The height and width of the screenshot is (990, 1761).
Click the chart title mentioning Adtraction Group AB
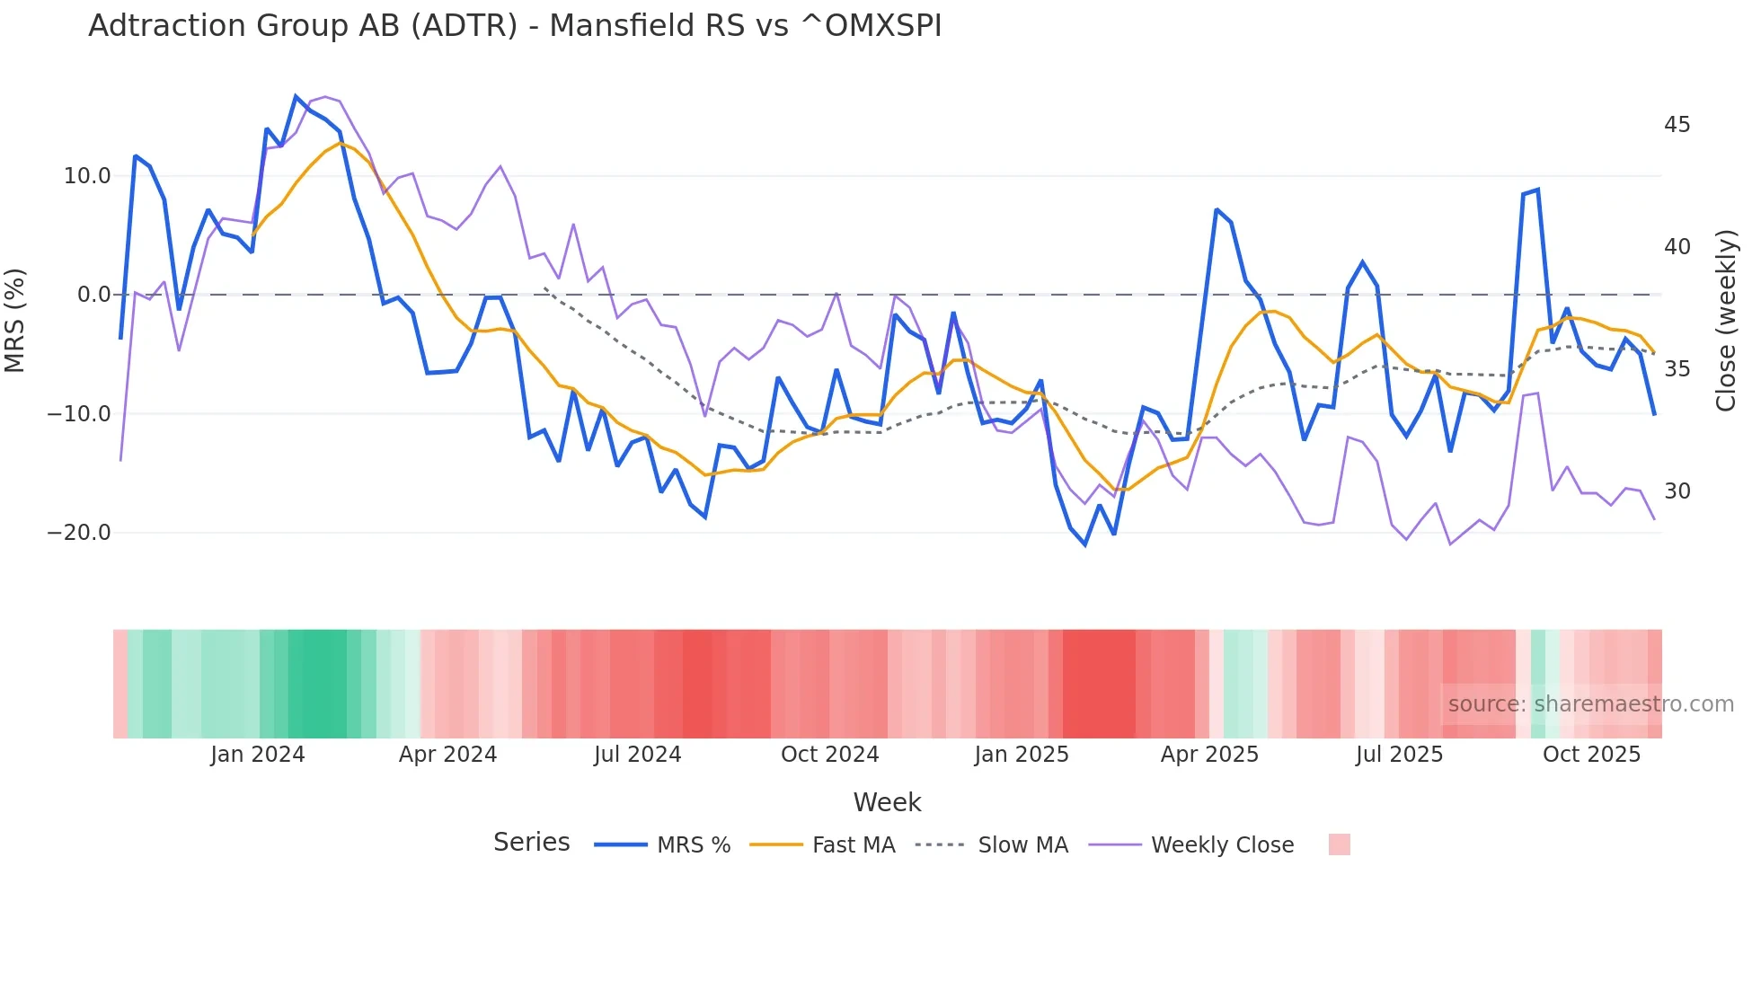click(515, 26)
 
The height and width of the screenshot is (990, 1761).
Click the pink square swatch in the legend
click(1339, 844)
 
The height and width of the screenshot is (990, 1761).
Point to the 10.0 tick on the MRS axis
click(87, 176)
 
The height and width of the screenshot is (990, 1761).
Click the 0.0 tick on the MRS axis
click(93, 295)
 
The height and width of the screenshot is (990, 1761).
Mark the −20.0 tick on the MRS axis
click(79, 533)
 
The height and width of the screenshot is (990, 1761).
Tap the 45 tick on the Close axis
click(1677, 125)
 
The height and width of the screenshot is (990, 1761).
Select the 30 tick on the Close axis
click(1677, 491)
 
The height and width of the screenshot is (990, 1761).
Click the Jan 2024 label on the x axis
click(258, 755)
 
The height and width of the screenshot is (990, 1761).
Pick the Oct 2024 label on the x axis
click(829, 755)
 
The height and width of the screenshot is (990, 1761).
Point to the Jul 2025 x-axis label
click(1399, 755)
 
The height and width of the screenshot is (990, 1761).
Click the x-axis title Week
click(887, 802)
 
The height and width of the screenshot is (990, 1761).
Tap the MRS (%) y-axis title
click(15, 320)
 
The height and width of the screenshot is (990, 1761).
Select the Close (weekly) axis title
click(1725, 320)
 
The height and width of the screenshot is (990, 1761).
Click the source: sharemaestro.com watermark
click(1590, 704)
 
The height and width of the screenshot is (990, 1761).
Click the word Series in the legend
click(531, 843)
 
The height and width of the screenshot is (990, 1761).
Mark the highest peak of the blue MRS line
click(296, 96)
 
